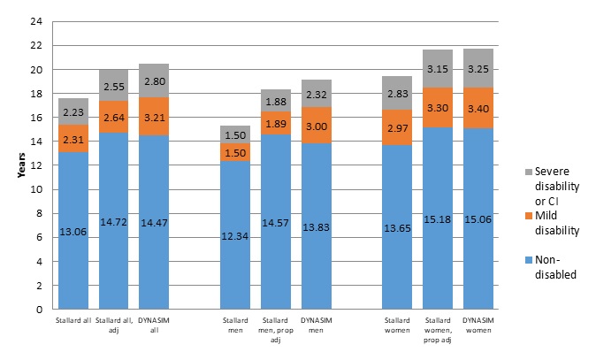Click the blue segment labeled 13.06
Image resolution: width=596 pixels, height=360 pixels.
(73, 231)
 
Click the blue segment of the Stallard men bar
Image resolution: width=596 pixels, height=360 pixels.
(235, 235)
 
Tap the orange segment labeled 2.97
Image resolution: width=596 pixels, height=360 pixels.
(397, 131)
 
